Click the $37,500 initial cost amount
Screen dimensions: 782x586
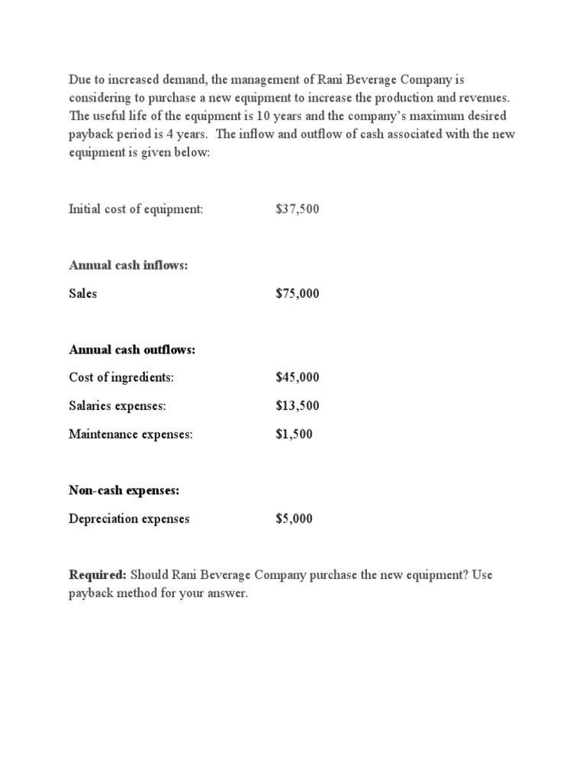(x=297, y=208)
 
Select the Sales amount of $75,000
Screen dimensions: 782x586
(x=297, y=293)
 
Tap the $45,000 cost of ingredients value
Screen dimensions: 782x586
(x=297, y=377)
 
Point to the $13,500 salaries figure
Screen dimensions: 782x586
(x=297, y=406)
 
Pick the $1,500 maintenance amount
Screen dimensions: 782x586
(x=294, y=434)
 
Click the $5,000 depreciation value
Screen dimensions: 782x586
(x=294, y=519)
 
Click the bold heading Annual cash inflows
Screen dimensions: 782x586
(x=128, y=265)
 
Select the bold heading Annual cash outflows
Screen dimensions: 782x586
(x=132, y=349)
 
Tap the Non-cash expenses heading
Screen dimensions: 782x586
(x=124, y=490)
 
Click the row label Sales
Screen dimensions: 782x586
(x=82, y=293)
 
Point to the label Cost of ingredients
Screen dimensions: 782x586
(x=121, y=377)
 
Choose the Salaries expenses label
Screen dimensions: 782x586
(x=117, y=406)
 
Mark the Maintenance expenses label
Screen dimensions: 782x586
(x=130, y=434)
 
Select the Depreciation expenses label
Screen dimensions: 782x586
(x=129, y=519)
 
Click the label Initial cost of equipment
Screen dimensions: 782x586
(x=136, y=208)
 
